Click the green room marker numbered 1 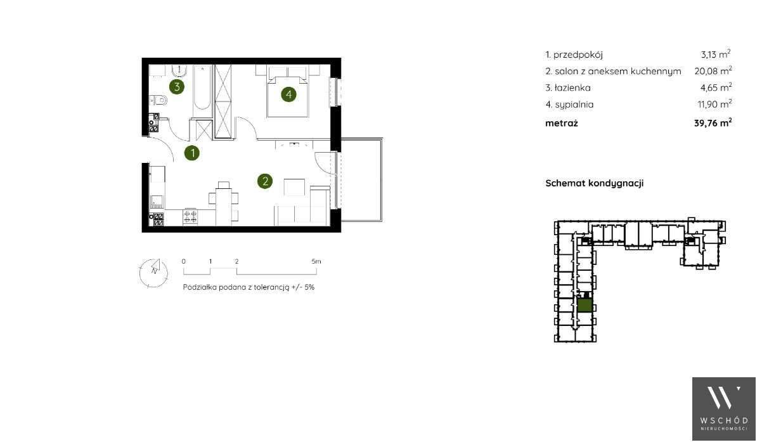pyautogui.click(x=192, y=153)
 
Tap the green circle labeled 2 pyautogui.click(x=265, y=181)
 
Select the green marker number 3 pyautogui.click(x=177, y=87)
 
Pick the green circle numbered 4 pyautogui.click(x=288, y=94)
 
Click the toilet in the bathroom pyautogui.click(x=158, y=100)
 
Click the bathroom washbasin pyautogui.click(x=179, y=71)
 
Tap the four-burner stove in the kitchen pyautogui.click(x=190, y=217)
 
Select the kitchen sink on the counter pyautogui.click(x=157, y=201)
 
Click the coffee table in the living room pyautogui.click(x=294, y=187)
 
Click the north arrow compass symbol pyautogui.click(x=154, y=273)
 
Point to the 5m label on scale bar pyautogui.click(x=316, y=262)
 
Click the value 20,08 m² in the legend pyautogui.click(x=713, y=71)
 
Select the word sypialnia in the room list pyautogui.click(x=574, y=105)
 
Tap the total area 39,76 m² pyautogui.click(x=713, y=123)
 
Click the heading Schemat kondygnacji pyautogui.click(x=594, y=183)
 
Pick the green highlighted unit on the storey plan pyautogui.click(x=585, y=305)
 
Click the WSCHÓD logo pyautogui.click(x=724, y=409)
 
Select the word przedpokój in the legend pyautogui.click(x=578, y=55)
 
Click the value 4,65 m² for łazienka pyautogui.click(x=716, y=87)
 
